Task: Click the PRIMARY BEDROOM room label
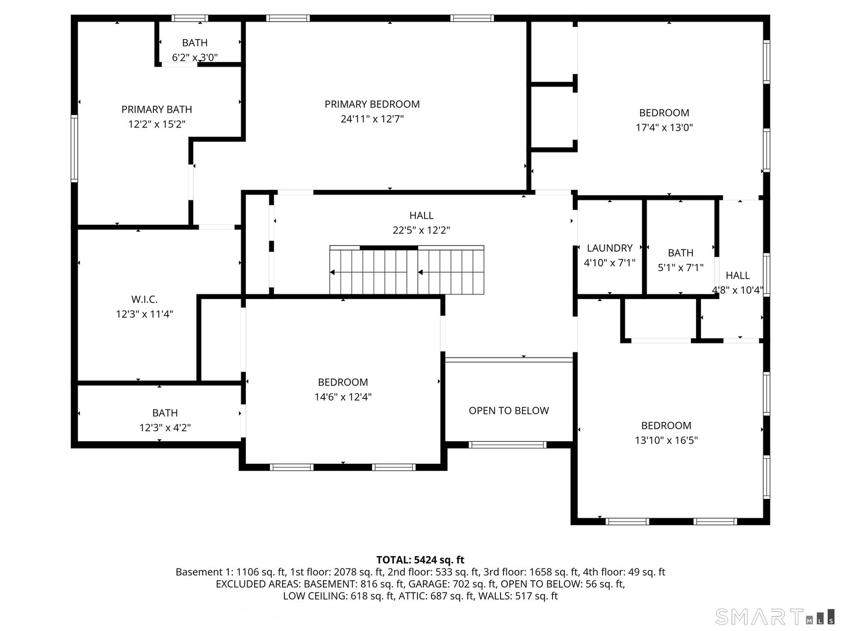click(372, 104)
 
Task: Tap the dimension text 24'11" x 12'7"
click(372, 119)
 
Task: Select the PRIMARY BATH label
click(157, 109)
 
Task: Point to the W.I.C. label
click(144, 300)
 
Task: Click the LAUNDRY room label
click(610, 248)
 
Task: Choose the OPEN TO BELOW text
click(509, 411)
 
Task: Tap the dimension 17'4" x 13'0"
click(664, 128)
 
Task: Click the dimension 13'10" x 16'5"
click(666, 441)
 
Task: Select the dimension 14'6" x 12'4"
click(343, 397)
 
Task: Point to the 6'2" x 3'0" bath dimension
click(195, 57)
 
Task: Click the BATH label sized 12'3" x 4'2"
click(165, 413)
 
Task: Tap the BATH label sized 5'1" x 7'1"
click(680, 252)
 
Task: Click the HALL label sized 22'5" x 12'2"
click(421, 216)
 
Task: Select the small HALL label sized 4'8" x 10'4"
click(738, 275)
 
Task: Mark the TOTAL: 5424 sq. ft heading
click(420, 560)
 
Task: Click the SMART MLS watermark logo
click(774, 617)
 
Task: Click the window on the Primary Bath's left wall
click(74, 148)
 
